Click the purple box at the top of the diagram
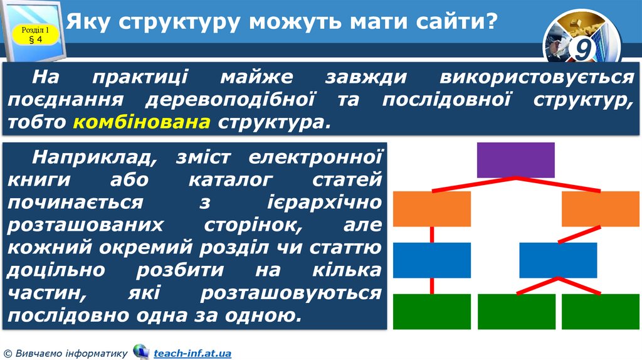[x=516, y=160]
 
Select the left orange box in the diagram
[x=431, y=209]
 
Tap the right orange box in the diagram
[x=601, y=209]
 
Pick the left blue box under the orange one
[x=431, y=260]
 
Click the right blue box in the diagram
[x=558, y=260]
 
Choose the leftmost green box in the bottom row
[x=431, y=311]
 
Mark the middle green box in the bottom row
[x=516, y=311]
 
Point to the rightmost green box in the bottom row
[x=601, y=311]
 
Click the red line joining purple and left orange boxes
[x=473, y=184]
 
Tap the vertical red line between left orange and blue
[x=432, y=235]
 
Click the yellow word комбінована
[x=142, y=121]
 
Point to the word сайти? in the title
[x=456, y=23]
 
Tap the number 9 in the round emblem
[x=582, y=49]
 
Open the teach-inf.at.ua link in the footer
[x=192, y=354]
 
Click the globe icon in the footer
[x=141, y=352]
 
